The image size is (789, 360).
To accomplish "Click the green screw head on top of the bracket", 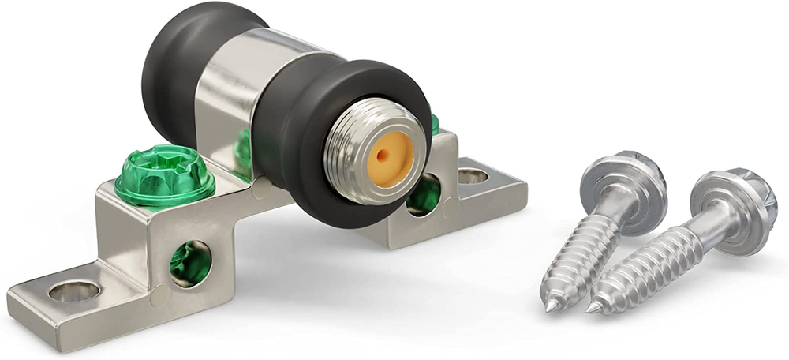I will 164,175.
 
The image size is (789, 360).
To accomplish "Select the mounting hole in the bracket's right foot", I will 473,175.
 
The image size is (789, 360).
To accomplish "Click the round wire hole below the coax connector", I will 424,196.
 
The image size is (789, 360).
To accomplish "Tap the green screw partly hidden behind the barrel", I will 244,150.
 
